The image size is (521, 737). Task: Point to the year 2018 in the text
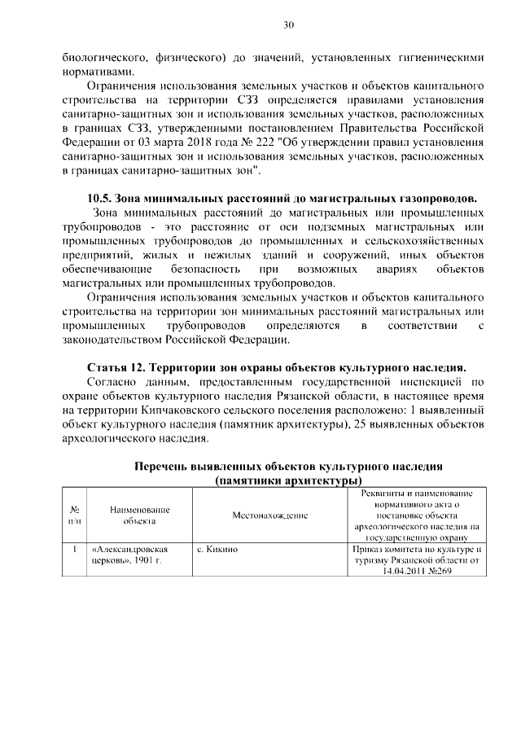click(x=205, y=143)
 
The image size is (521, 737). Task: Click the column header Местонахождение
click(x=269, y=515)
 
